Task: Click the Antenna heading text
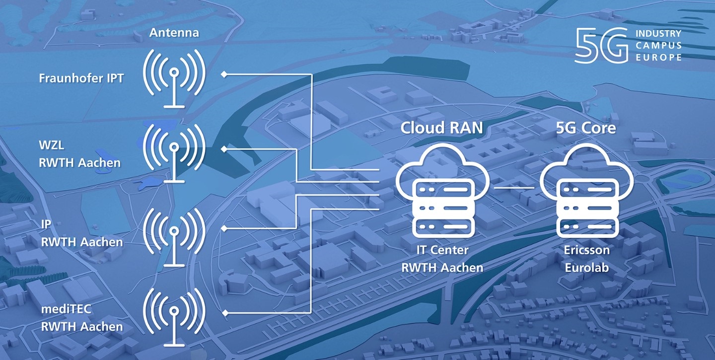tap(174, 33)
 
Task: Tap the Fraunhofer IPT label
tap(81, 78)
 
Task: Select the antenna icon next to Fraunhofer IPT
tap(174, 77)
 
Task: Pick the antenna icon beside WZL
tap(174, 151)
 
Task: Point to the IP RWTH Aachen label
tap(81, 235)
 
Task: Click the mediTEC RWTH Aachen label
tap(81, 319)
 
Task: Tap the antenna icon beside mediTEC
tap(174, 315)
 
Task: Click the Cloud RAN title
tap(441, 128)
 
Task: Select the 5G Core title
tap(585, 128)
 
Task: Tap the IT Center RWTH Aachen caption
tap(442, 259)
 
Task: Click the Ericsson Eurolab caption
tap(586, 259)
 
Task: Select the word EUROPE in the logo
tap(658, 58)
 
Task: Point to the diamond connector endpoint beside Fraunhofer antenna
tap(224, 74)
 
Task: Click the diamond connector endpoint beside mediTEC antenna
tap(224, 313)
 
